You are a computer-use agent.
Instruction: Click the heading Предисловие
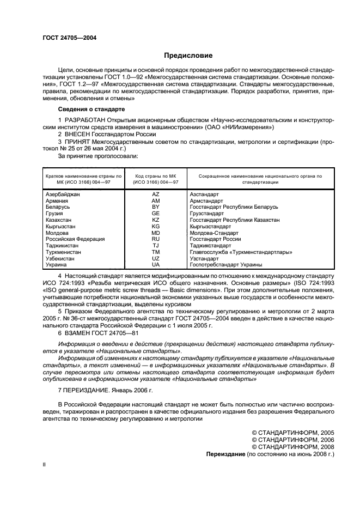(188, 56)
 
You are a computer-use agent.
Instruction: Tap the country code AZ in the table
(155, 195)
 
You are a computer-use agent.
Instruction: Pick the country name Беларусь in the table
(57, 208)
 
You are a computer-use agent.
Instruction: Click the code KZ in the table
(155, 220)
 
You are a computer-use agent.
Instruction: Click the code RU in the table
(155, 239)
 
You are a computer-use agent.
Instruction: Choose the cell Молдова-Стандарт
(212, 233)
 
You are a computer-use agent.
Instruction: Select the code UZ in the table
(155, 258)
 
